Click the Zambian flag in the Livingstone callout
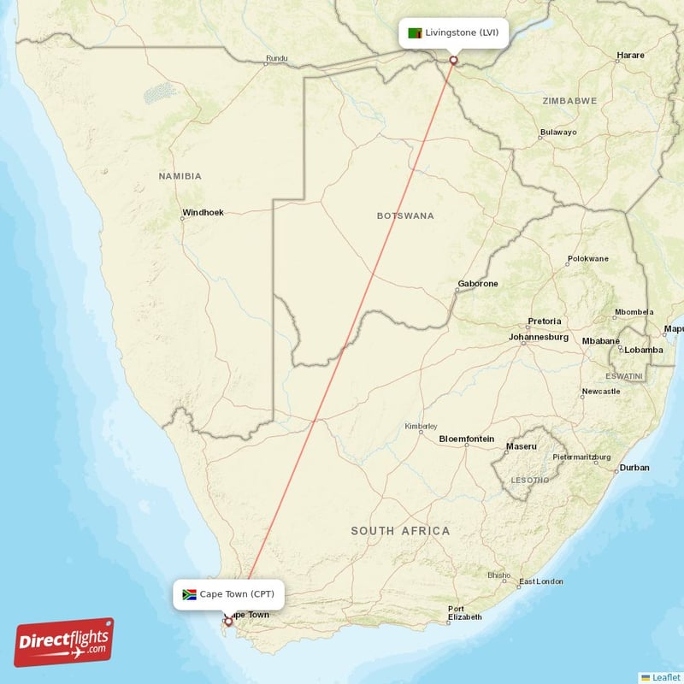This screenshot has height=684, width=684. [x=415, y=33]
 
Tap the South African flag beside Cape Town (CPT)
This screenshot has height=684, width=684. [x=190, y=594]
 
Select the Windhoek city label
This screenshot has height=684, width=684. [x=203, y=212]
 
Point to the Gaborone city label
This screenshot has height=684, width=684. [x=478, y=284]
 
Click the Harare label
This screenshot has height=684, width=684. [x=630, y=56]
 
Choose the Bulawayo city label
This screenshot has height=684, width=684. [x=558, y=133]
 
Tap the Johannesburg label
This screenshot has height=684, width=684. [x=539, y=337]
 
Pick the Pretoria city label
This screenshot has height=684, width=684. [x=545, y=321]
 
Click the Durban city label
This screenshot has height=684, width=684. [x=634, y=468]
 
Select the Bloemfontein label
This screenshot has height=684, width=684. [x=466, y=439]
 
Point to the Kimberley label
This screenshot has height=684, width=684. [x=421, y=426]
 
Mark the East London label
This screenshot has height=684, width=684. [x=540, y=581]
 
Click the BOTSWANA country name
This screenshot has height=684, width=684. [x=405, y=215]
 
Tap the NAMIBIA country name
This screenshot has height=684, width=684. [x=180, y=176]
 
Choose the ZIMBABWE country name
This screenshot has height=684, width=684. [x=569, y=101]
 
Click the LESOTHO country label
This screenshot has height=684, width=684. [x=528, y=480]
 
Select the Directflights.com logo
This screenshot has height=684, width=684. [x=64, y=642]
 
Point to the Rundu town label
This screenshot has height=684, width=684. [x=277, y=58]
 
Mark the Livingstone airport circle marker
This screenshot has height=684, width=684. [x=454, y=60]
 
